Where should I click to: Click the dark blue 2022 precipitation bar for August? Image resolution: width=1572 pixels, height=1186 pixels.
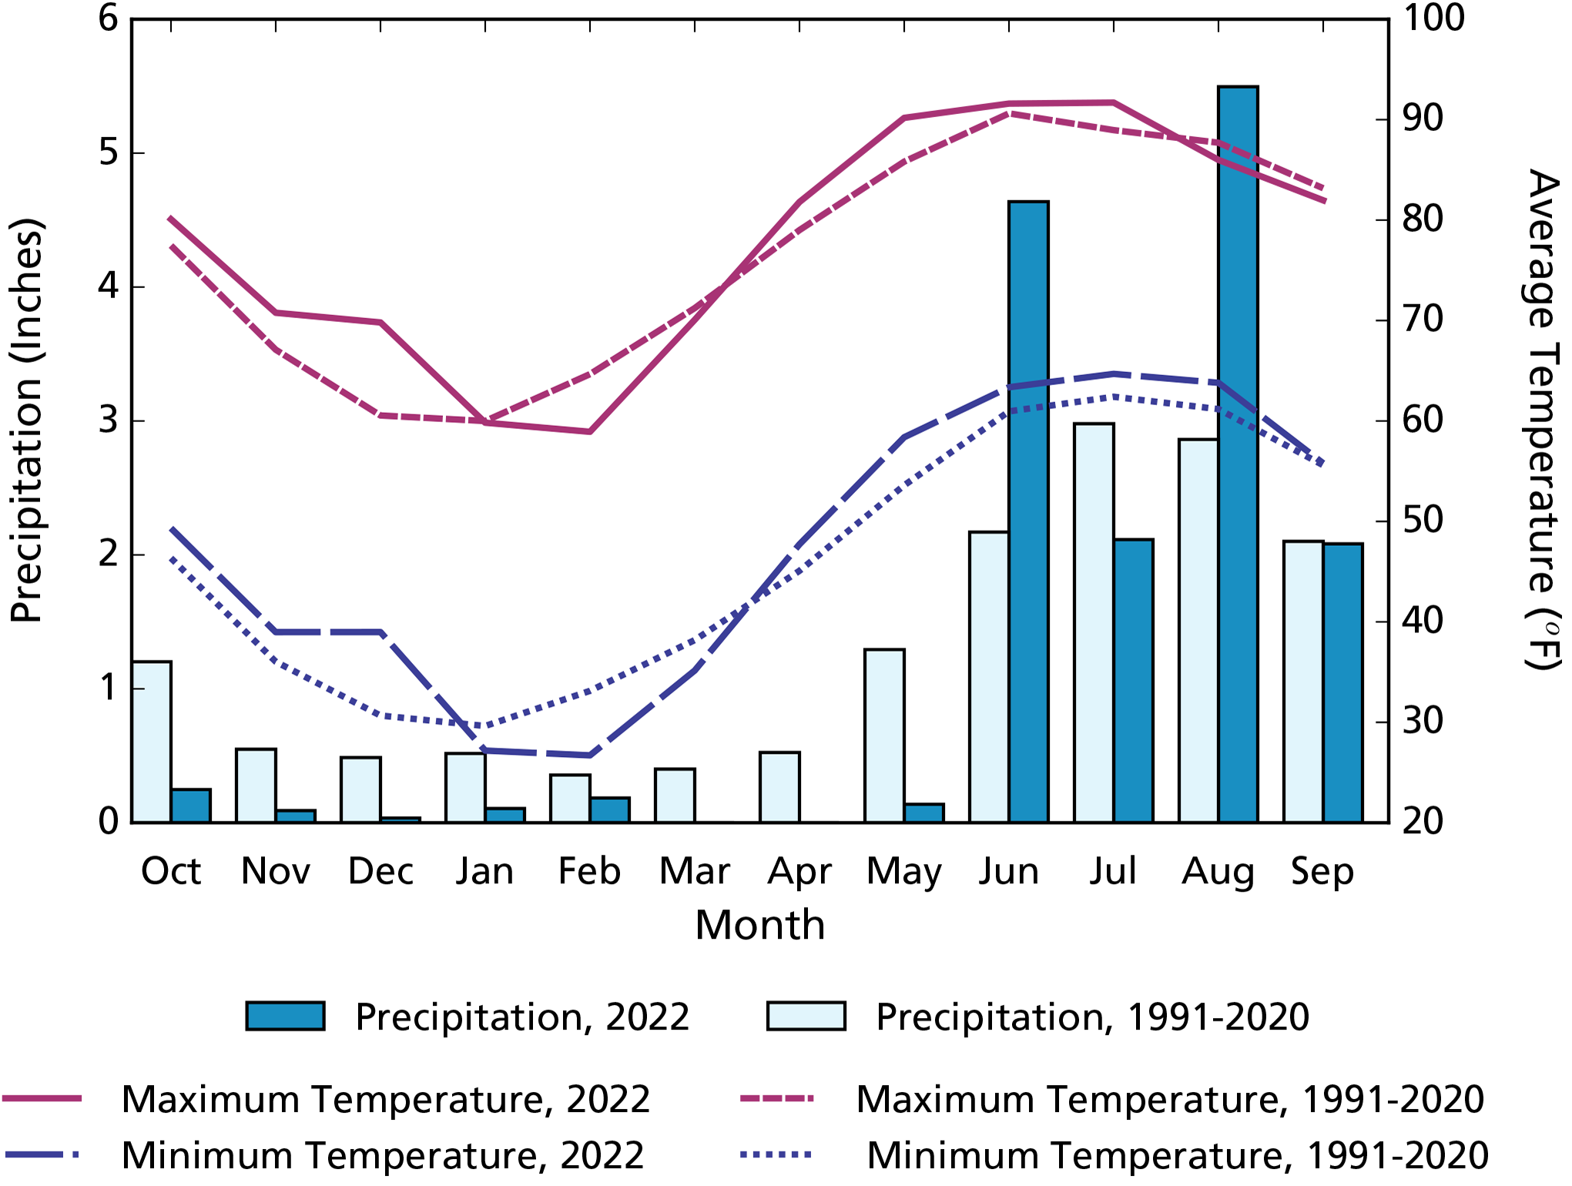[x=1238, y=462]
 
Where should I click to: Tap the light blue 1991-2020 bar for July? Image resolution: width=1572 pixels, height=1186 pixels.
[x=1094, y=624]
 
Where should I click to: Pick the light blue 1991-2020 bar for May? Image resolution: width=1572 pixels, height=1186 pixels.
[x=884, y=735]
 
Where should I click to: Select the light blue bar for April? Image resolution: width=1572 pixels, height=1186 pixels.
[x=779, y=787]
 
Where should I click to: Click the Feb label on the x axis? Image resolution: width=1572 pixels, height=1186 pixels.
[x=589, y=871]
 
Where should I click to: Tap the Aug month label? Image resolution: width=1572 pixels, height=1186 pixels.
[x=1218, y=873]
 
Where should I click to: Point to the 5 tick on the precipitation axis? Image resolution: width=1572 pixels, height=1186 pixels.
[x=109, y=152]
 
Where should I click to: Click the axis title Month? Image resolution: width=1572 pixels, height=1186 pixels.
[x=759, y=925]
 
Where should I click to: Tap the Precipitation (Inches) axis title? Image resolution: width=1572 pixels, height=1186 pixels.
[x=27, y=420]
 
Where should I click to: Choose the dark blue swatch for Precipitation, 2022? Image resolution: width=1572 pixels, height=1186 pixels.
[x=285, y=1016]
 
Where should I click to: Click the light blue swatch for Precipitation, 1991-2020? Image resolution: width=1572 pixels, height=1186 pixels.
[x=806, y=1016]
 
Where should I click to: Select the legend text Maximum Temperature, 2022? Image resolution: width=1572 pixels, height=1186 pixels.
[x=385, y=1099]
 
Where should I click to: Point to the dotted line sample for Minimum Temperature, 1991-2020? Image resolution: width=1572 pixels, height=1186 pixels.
[x=776, y=1154]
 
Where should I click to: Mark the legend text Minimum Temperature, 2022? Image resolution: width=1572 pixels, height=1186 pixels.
[x=382, y=1155]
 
